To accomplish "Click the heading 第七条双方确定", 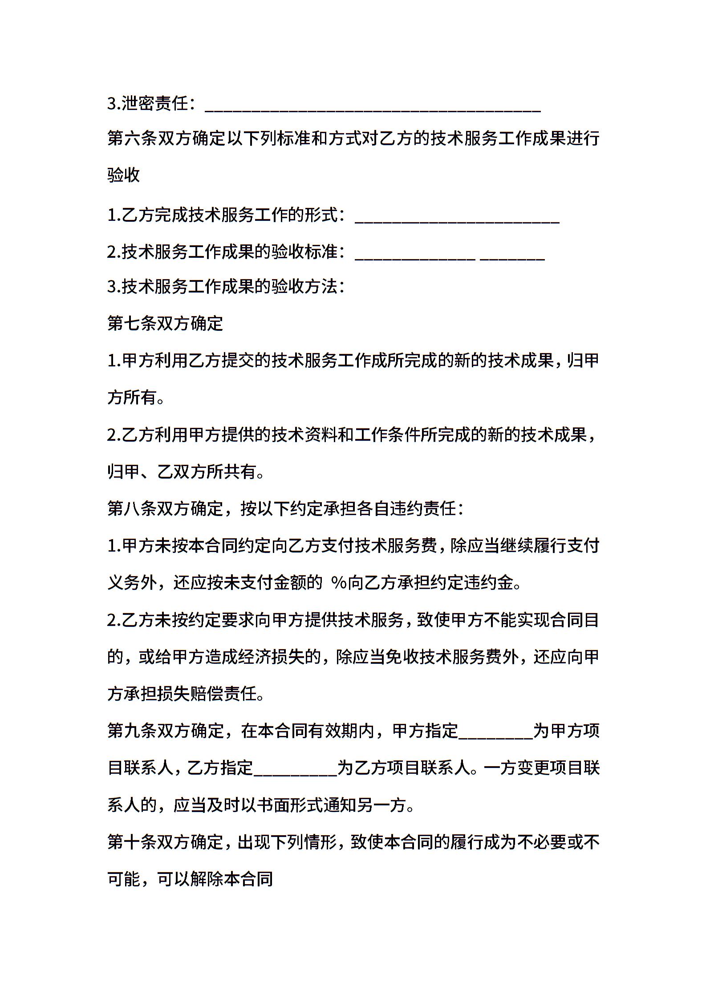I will (165, 324).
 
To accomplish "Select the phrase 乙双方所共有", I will (207, 472).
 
